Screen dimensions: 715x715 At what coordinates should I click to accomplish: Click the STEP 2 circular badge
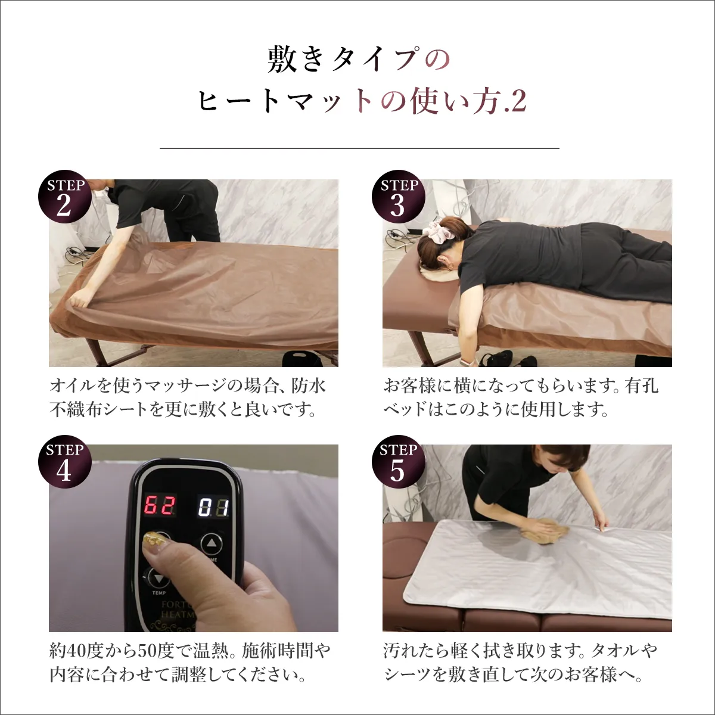65,197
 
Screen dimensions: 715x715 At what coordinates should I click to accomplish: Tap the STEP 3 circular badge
398,197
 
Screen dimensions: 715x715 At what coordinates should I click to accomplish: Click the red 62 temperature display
160,506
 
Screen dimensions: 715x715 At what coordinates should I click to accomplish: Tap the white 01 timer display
213,508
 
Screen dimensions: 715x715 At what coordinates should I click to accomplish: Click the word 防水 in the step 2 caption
309,386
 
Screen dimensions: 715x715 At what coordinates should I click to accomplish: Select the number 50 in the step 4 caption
147,651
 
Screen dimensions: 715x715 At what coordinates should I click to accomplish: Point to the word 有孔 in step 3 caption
642,386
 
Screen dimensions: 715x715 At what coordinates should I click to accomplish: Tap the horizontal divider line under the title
359,148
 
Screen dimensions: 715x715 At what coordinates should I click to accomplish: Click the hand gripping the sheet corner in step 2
79,299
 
